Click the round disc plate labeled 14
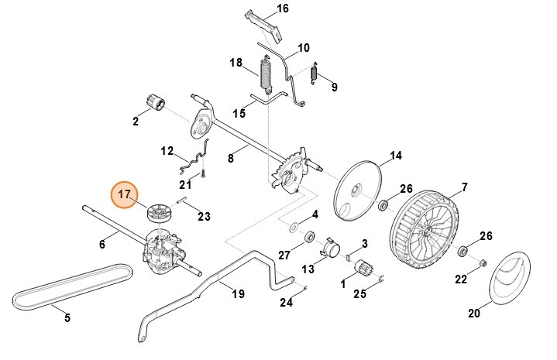click(x=359, y=189)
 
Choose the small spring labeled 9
click(x=315, y=74)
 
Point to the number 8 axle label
click(x=230, y=158)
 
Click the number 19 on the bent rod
click(x=238, y=293)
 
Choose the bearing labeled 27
click(x=309, y=235)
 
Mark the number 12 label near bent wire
click(x=167, y=150)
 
